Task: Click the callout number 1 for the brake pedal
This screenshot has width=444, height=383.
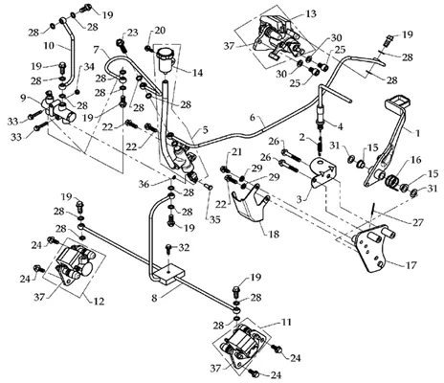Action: [x=416, y=133]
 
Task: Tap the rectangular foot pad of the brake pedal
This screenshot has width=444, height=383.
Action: [x=398, y=101]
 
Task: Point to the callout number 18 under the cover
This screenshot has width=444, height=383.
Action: [x=274, y=235]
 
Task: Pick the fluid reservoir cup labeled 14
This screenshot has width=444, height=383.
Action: [x=165, y=58]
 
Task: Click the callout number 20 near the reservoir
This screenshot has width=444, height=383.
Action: [x=160, y=31]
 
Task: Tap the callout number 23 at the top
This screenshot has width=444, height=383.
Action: [x=133, y=33]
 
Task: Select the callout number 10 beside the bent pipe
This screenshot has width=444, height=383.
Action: [x=49, y=45]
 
